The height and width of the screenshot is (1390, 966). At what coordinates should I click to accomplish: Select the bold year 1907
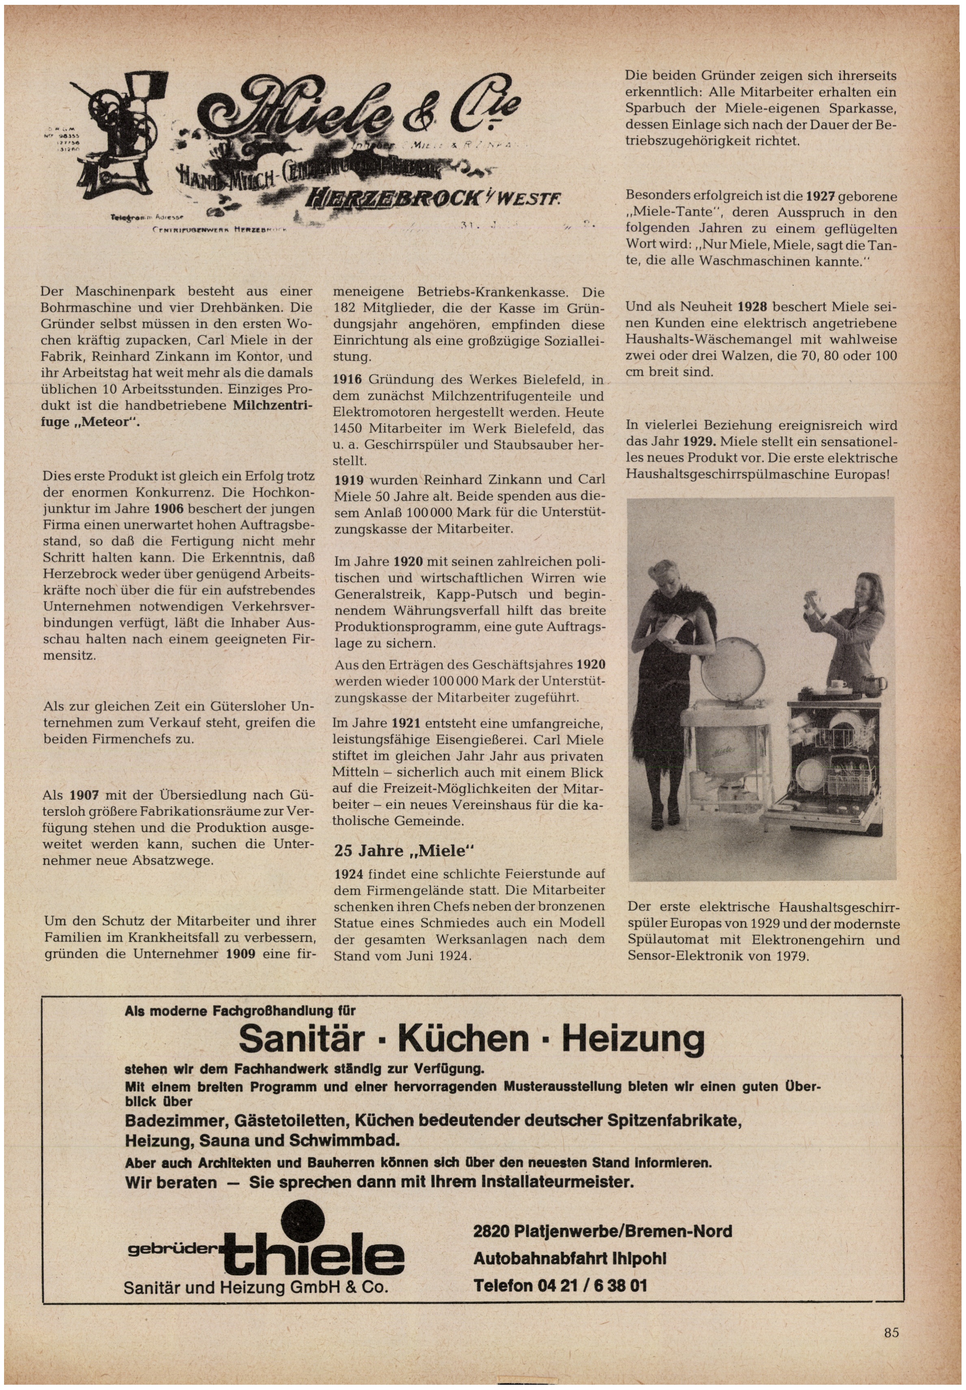(x=84, y=795)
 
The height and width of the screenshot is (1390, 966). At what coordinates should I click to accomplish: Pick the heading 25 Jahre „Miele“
(x=405, y=850)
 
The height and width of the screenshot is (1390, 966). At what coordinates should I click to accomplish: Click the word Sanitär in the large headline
(x=301, y=1038)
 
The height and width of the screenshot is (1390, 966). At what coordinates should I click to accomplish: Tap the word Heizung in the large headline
(x=633, y=1038)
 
